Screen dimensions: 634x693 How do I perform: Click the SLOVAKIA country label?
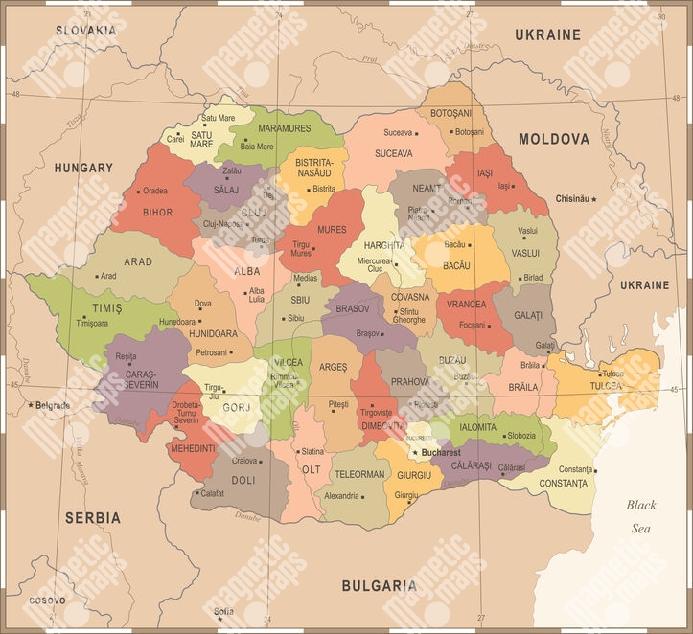(85, 30)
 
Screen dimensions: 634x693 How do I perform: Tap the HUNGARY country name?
(83, 168)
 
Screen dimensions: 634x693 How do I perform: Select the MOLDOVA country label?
(554, 139)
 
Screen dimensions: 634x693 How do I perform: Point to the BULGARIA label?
(380, 584)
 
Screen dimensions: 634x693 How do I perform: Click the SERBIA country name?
(93, 517)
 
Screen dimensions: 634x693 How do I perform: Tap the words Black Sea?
(641, 516)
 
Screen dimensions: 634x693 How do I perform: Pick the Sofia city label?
(223, 611)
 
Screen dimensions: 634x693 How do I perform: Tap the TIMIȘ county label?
(107, 307)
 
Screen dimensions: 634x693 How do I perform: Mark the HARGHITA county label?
(383, 245)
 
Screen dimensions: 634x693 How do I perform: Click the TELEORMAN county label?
(359, 474)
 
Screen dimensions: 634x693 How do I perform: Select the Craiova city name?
(244, 461)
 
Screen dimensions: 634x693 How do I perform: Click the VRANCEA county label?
(466, 305)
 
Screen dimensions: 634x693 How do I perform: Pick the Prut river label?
(370, 58)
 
